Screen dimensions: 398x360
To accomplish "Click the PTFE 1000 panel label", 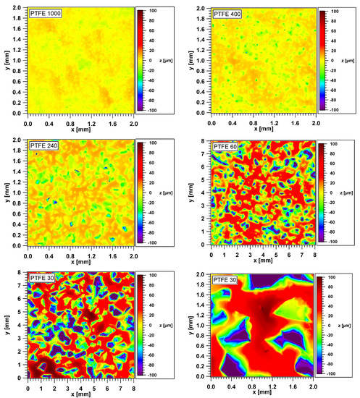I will click(44, 14).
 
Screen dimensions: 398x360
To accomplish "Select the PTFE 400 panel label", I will click(228, 15).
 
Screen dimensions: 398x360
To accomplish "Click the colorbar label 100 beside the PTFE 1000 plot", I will click(151, 12).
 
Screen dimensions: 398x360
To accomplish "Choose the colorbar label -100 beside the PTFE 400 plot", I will click(335, 110).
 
